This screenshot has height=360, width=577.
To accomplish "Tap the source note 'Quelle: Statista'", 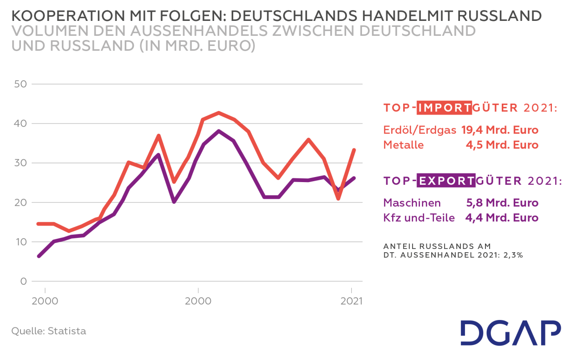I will tap(48, 331).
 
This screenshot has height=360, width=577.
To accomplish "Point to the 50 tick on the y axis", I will tap(21, 84).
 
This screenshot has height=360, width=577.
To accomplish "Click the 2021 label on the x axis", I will tap(351, 301).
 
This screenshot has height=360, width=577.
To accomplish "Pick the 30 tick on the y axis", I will tap(21, 163).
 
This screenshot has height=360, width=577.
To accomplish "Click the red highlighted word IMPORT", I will tap(444, 108).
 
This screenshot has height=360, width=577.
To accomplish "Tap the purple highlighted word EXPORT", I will tap(446, 180).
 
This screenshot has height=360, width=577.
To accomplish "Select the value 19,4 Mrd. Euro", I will tap(499, 130).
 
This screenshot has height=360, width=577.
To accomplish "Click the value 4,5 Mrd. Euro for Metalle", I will tap(502, 145).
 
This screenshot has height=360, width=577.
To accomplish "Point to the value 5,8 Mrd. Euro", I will tap(502, 203).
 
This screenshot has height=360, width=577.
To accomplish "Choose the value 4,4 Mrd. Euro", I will tap(502, 217).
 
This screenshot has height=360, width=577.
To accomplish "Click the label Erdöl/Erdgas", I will tap(420, 130).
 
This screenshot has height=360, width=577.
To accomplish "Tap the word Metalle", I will tap(403, 145).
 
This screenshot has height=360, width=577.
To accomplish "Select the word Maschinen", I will tap(412, 203).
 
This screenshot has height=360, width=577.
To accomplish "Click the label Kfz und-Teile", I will tap(419, 217).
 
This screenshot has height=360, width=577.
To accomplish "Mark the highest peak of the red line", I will tap(218, 113).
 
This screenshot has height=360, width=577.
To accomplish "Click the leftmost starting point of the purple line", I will tap(39, 256).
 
